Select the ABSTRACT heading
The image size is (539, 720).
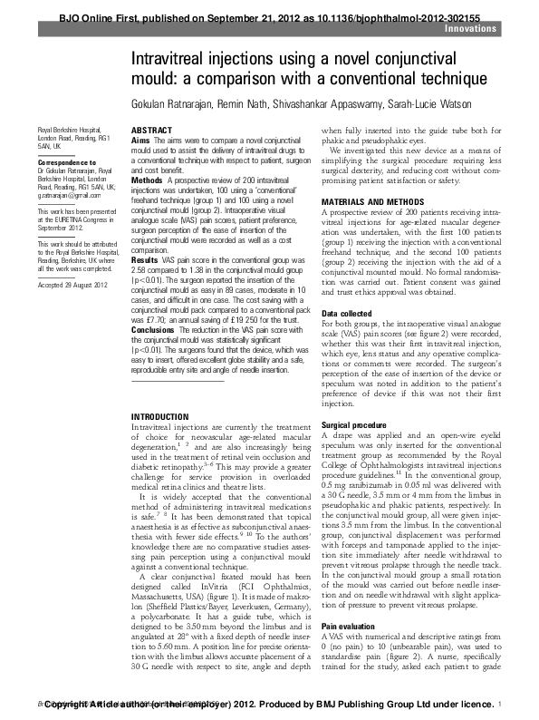(x=151, y=131)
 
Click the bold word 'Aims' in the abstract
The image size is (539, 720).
(x=140, y=141)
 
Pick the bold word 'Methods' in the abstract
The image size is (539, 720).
(x=147, y=180)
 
